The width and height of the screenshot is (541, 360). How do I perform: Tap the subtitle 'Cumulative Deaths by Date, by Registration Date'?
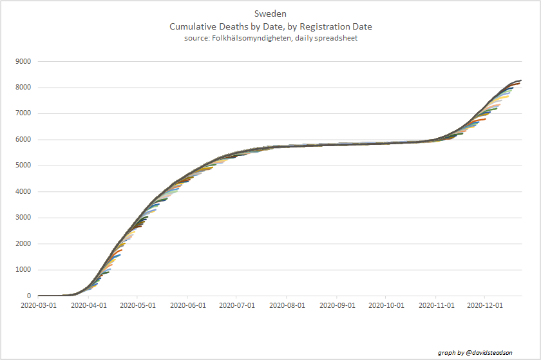coord(270,27)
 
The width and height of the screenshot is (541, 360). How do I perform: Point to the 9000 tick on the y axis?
coord(24,62)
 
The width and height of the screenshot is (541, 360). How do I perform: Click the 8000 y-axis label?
coord(24,88)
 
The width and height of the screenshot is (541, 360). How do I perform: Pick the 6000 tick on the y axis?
coord(24,140)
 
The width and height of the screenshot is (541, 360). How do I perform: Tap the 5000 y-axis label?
coord(24,166)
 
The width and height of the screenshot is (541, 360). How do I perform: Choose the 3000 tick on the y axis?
coord(24,218)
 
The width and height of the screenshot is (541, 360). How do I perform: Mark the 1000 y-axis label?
coord(24,270)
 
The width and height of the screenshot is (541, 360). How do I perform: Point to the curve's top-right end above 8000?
coord(520,81)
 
